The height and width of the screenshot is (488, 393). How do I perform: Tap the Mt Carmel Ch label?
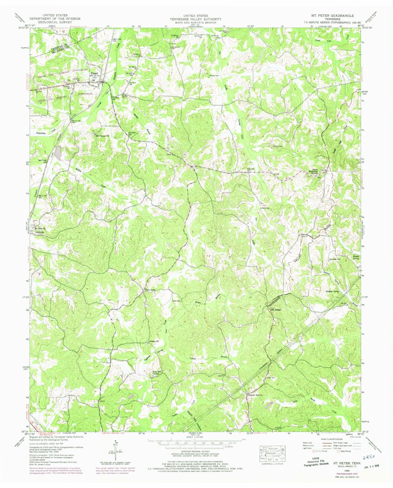coord(101,136)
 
